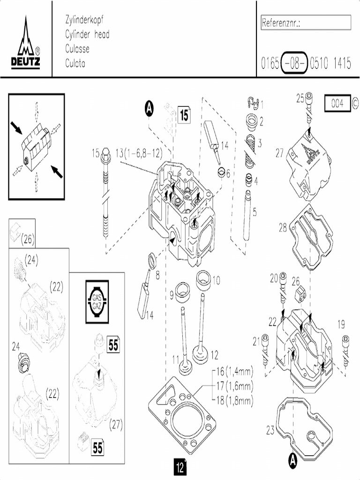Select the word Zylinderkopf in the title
[84, 20]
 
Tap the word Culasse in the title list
[77, 49]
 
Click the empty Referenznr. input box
[306, 22]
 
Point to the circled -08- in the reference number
[294, 63]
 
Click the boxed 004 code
[337, 103]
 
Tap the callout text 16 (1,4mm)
[234, 372]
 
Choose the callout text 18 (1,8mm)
[234, 400]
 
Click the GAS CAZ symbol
[97, 302]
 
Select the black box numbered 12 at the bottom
[180, 467]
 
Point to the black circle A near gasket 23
[292, 460]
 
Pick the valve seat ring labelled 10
[203, 278]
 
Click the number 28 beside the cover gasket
[283, 228]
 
